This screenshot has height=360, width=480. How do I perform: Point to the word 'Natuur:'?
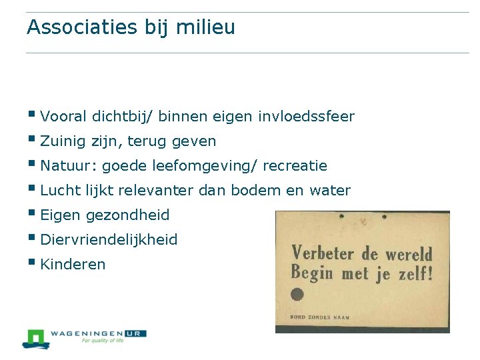pos(69,165)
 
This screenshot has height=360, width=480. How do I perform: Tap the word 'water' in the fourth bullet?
pos(329,191)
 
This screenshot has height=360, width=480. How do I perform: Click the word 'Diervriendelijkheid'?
pos(109,240)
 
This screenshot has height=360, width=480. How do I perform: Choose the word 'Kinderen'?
pos(73,265)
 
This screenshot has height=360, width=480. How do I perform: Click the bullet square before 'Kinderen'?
pos(33,262)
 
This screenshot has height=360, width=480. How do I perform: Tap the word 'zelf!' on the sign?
pos(412,273)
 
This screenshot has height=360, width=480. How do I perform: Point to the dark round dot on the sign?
pos(297,295)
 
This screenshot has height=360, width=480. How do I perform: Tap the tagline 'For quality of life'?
pos(103,341)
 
